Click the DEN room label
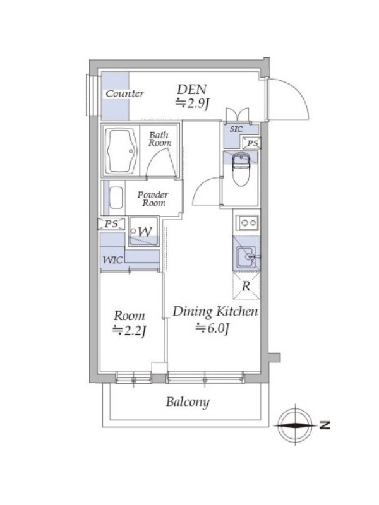tap(192, 89)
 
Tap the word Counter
tap(124, 93)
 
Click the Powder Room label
tap(153, 199)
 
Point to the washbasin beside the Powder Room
tap(116, 198)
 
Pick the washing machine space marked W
tap(144, 232)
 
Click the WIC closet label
tap(112, 259)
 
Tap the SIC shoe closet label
tap(236, 129)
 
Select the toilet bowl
tap(241, 170)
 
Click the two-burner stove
tap(247, 222)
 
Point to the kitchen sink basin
tap(247, 257)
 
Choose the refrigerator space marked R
tap(246, 286)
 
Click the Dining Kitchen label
tap(215, 312)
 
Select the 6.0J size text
tap(212, 328)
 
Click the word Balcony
tap(188, 402)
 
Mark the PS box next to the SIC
tap(251, 143)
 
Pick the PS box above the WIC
tap(111, 224)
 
